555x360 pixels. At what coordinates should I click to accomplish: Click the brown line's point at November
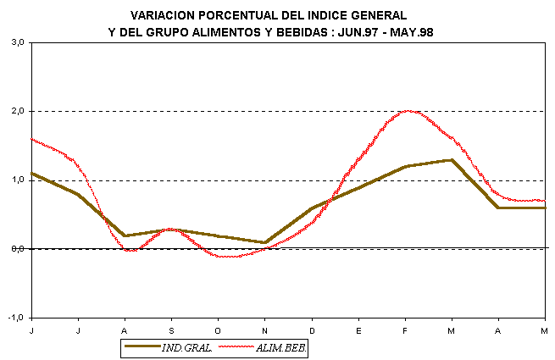265,242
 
